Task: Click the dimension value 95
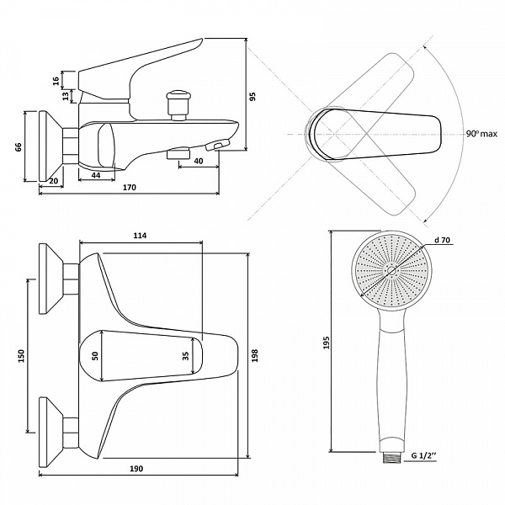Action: [x=253, y=97]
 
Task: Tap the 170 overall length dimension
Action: [x=129, y=187]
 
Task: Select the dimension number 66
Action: [x=19, y=146]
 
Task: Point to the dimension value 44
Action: [x=96, y=175]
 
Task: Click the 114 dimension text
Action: [x=140, y=236]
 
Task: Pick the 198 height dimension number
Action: [x=254, y=355]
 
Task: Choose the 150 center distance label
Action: [x=20, y=356]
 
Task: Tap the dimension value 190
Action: [x=136, y=469]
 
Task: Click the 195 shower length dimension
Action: [x=327, y=343]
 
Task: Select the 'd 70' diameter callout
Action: [x=442, y=240]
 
